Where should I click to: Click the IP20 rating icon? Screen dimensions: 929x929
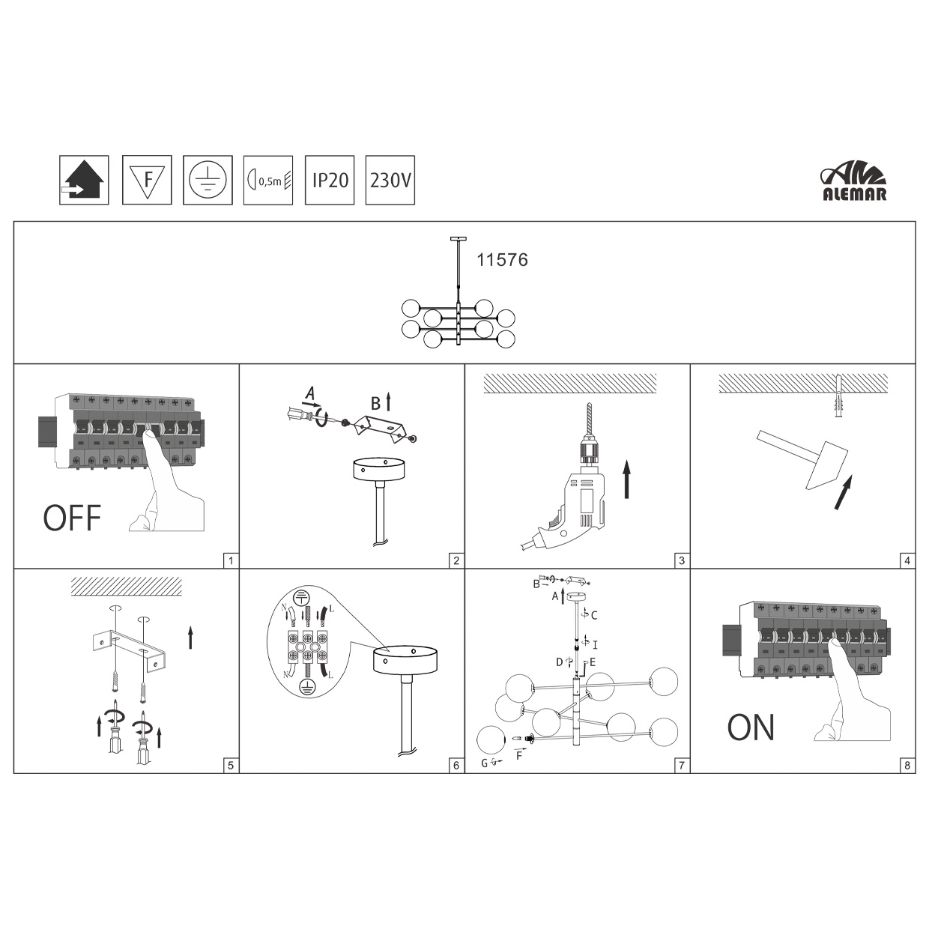330,180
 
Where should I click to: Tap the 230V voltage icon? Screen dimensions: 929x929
390,180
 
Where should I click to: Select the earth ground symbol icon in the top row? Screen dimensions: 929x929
208,180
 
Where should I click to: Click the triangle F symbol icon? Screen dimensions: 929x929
147,180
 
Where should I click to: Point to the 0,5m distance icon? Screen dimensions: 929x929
268,180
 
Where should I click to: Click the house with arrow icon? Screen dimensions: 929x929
84,180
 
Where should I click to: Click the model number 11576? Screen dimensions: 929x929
502,260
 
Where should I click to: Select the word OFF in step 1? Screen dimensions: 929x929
73,518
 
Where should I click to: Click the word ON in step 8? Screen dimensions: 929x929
751,727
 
